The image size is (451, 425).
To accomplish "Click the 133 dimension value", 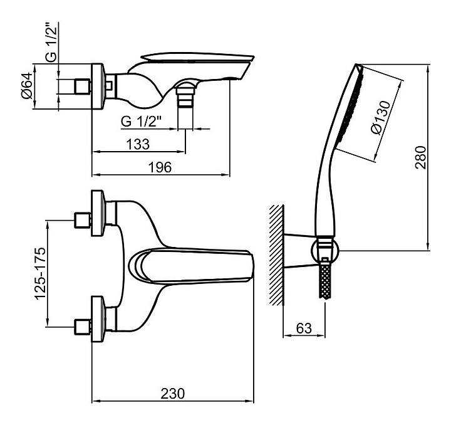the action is (x=138, y=144).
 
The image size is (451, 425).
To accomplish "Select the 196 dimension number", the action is (x=160, y=167).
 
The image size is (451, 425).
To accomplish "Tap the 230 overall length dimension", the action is (x=173, y=394).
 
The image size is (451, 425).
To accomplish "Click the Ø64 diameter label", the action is (x=27, y=86).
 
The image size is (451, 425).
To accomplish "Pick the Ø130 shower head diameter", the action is (x=381, y=117).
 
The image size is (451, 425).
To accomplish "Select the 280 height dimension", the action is (x=420, y=157).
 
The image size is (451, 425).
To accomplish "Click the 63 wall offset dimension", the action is (x=304, y=328).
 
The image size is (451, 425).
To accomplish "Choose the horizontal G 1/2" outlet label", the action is (x=141, y=122).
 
